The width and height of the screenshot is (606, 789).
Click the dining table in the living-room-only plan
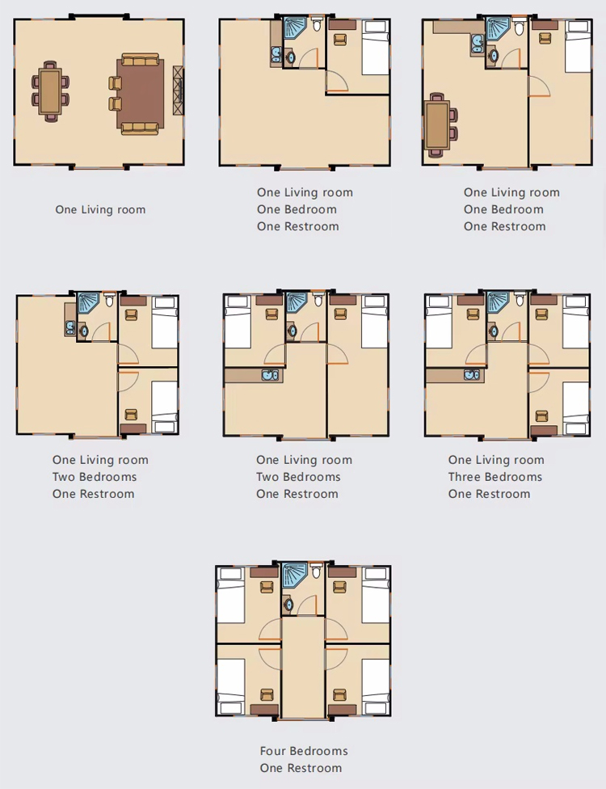click(x=50, y=91)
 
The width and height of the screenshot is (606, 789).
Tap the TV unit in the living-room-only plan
click(x=178, y=90)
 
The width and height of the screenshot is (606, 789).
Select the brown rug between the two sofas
click(x=141, y=94)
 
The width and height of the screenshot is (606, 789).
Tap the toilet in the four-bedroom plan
click(x=316, y=572)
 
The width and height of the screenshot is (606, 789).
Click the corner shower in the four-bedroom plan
click(x=294, y=575)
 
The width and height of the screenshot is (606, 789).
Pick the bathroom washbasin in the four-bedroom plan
click(x=288, y=604)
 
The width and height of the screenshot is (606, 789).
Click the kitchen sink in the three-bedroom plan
click(x=472, y=375)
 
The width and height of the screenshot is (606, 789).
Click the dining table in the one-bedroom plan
click(x=436, y=125)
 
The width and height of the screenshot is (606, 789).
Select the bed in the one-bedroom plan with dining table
click(x=578, y=47)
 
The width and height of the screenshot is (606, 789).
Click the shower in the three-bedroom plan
click(x=499, y=303)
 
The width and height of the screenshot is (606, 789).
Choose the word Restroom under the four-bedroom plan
click(x=313, y=768)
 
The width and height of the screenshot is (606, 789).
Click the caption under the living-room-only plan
click(x=100, y=210)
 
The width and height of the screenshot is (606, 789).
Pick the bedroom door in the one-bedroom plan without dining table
click(x=336, y=82)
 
